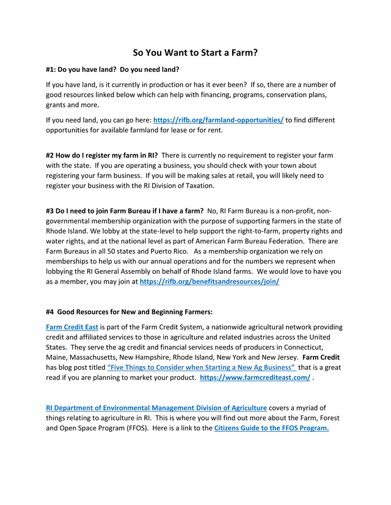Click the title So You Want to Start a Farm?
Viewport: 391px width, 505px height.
(195, 52)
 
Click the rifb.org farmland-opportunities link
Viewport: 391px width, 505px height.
(218, 120)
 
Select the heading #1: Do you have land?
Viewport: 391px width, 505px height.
(113, 70)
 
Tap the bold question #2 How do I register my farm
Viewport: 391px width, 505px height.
(102, 156)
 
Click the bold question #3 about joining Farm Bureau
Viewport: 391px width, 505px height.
(125, 210)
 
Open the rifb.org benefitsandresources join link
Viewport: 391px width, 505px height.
(210, 282)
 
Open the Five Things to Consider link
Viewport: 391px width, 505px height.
(202, 367)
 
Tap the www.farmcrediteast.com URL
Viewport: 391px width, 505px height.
(255, 378)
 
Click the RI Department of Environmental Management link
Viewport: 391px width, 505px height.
(156, 407)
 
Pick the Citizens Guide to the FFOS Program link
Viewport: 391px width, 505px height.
(271, 428)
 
